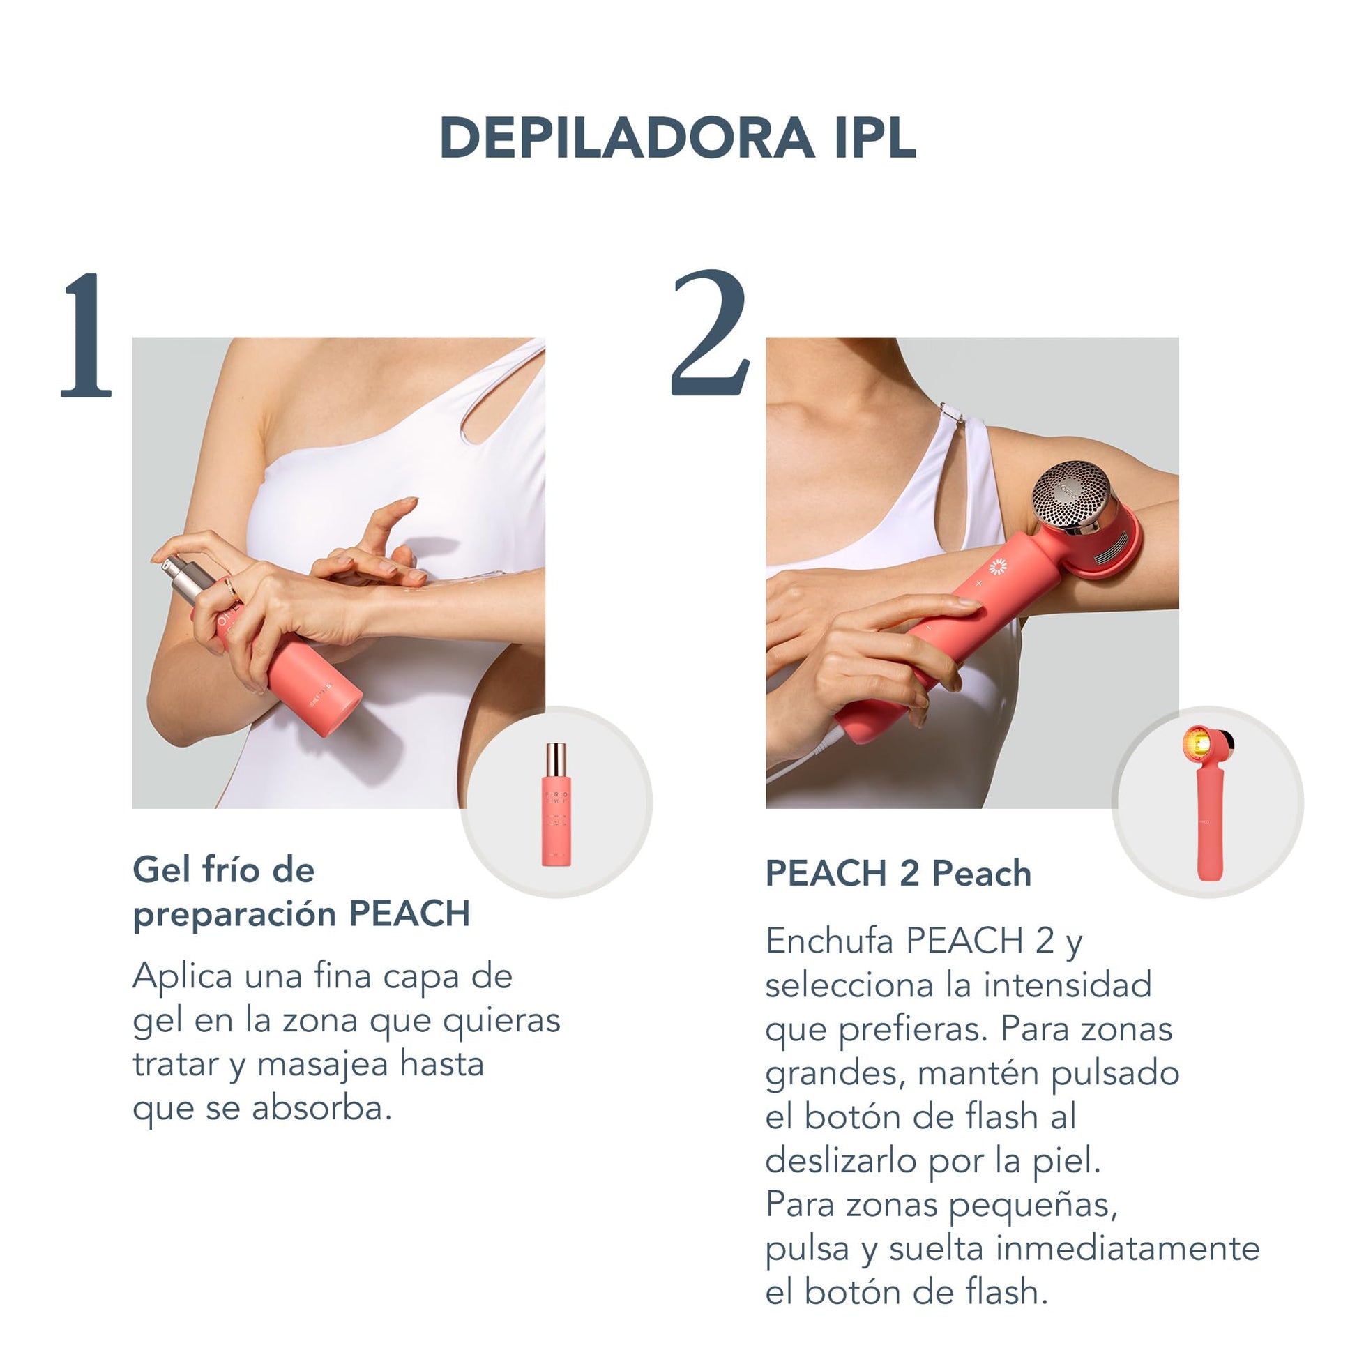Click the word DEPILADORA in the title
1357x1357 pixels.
(626, 137)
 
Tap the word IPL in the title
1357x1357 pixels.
(875, 137)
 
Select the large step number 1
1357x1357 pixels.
(86, 335)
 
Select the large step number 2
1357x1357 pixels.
(710, 333)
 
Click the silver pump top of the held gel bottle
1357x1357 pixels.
(186, 578)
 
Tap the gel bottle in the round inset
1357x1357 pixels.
(556, 804)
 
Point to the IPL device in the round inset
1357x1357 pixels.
(1207, 803)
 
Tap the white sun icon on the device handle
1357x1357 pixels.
(997, 566)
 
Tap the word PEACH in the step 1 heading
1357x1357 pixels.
(409, 913)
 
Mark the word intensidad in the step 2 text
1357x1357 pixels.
(1067, 985)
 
